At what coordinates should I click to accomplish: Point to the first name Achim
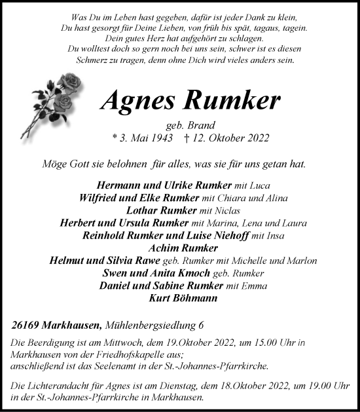[166, 248]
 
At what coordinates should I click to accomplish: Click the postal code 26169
[27, 325]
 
